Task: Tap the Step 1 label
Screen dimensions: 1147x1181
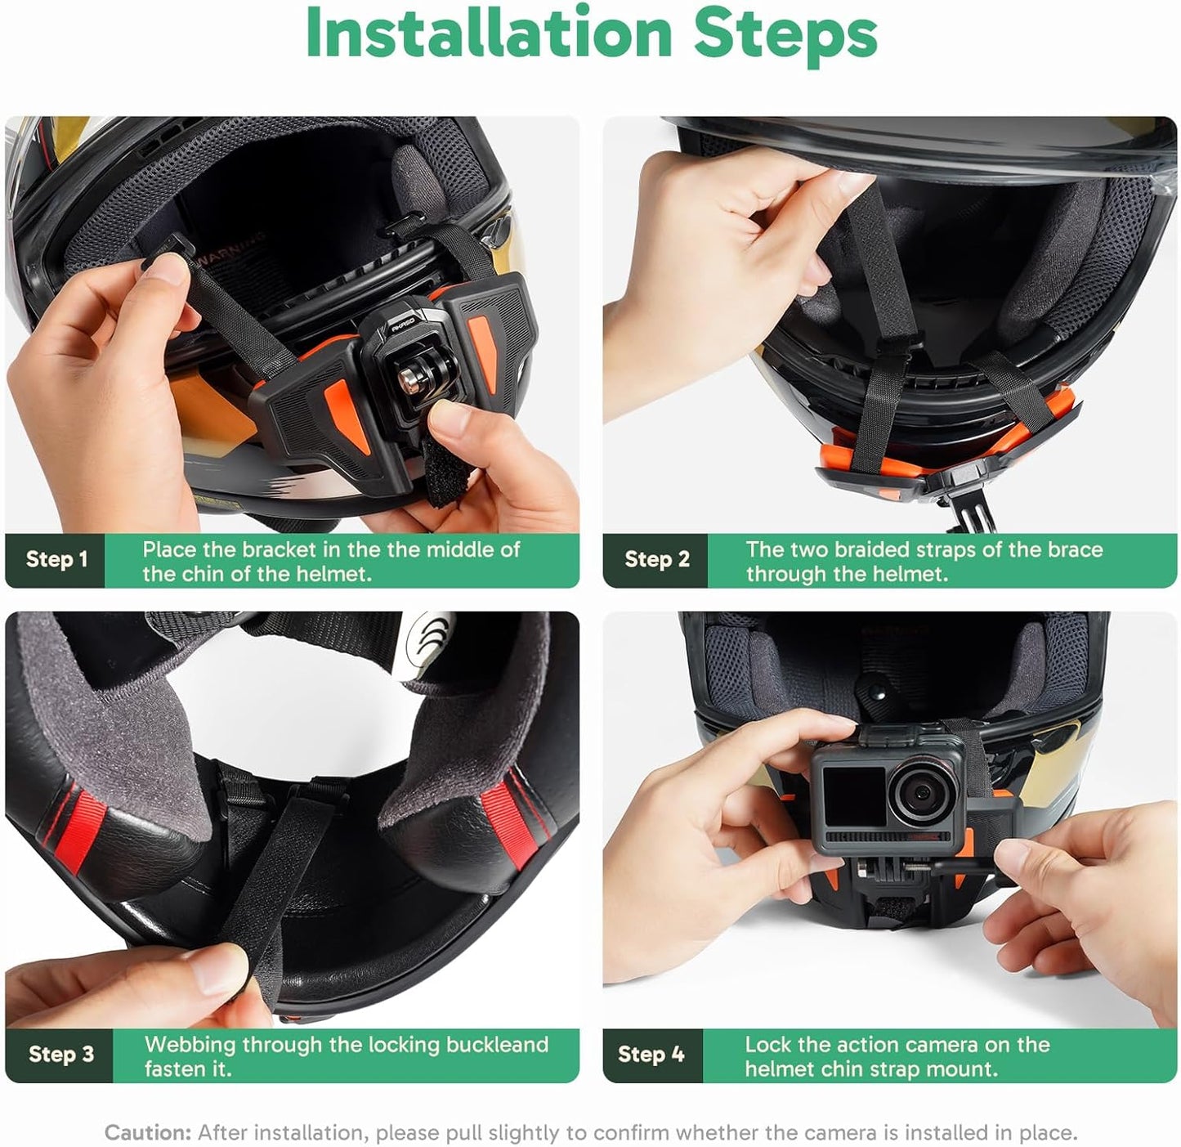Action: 56,559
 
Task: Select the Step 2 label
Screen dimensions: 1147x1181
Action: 656,559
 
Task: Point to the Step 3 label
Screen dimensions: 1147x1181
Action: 60,1054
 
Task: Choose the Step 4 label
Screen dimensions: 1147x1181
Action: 651,1054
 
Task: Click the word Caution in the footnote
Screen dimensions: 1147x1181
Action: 147,1132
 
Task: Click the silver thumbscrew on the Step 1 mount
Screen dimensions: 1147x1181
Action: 409,378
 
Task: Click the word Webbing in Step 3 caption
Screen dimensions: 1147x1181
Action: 190,1044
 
